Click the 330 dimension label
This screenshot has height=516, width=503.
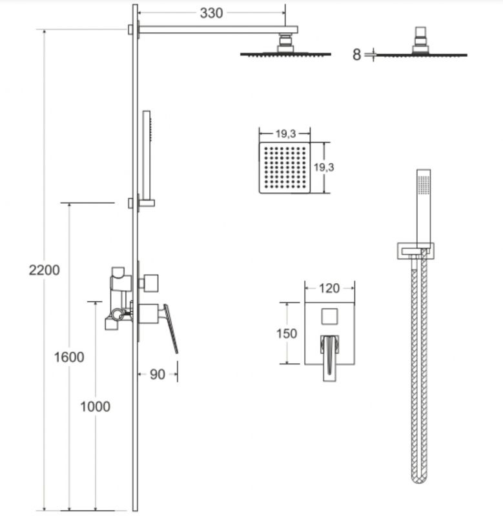(x=211, y=13)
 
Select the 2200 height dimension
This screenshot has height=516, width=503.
(x=44, y=270)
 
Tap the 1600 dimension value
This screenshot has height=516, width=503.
(x=69, y=357)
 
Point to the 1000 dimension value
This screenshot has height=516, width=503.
(x=95, y=406)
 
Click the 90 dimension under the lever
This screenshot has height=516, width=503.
(x=157, y=374)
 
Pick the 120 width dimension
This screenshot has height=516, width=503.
(x=329, y=288)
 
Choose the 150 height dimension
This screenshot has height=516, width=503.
(x=287, y=333)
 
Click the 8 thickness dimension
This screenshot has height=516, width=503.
(x=356, y=55)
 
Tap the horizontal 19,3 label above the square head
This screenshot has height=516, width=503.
(x=285, y=134)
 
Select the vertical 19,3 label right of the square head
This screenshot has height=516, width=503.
(x=323, y=167)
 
